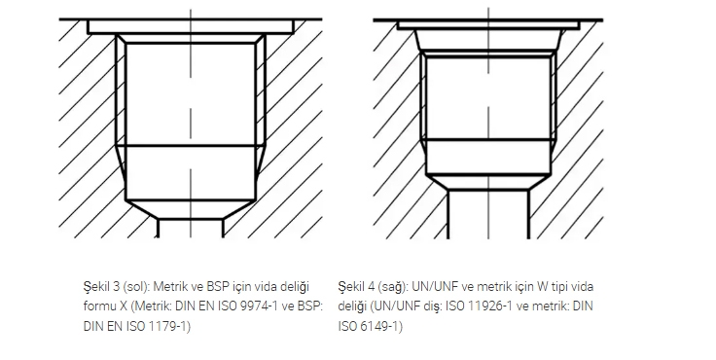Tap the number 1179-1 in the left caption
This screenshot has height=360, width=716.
pyautogui.click(x=168, y=326)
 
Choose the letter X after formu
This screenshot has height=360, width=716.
pyautogui.click(x=123, y=306)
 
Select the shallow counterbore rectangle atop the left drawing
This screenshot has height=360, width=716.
pyautogui.click(x=191, y=27)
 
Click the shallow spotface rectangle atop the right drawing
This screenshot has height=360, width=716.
pyautogui.click(x=488, y=25)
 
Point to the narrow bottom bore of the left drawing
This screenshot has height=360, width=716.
pyautogui.click(x=191, y=229)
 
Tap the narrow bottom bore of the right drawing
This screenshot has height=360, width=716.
pyautogui.click(x=488, y=214)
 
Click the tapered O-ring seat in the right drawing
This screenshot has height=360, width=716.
pyautogui.click(x=488, y=41)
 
